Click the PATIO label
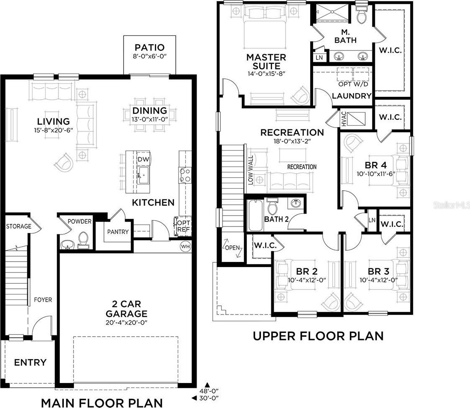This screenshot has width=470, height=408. (149, 47)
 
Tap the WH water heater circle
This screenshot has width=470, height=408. (185, 247)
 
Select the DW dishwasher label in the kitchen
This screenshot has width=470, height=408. (143, 159)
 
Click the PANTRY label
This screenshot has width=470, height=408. (118, 232)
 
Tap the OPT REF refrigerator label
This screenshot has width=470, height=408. (183, 226)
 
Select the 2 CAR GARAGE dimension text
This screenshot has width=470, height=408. (126, 322)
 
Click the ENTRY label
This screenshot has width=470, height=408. (30, 363)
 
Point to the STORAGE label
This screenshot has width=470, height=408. (19, 226)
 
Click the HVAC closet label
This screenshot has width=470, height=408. (344, 118)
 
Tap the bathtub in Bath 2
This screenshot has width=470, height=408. (255, 215)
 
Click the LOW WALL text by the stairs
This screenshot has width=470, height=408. (250, 170)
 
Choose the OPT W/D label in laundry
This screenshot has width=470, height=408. (353, 84)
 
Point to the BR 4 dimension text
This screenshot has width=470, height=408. (376, 174)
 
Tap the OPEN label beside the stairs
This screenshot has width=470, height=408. (232, 248)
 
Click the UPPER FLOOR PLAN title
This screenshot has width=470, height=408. (318, 336)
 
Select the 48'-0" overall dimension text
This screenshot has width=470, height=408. (209, 391)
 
